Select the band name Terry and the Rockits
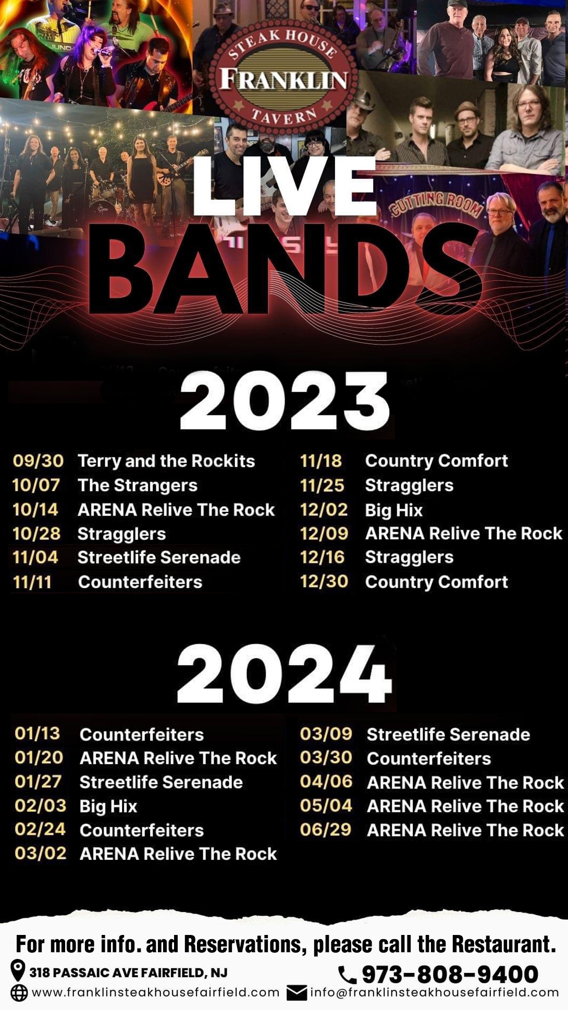click(166, 461)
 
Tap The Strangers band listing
click(138, 485)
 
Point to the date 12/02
click(324, 509)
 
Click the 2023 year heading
click(285, 401)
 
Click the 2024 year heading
click(284, 674)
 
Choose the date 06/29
click(326, 829)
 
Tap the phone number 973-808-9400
click(450, 974)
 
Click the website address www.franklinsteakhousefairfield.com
click(156, 992)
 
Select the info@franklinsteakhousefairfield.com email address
click(435, 992)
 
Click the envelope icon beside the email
click(297, 993)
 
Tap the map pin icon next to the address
click(18, 971)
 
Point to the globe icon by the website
click(19, 993)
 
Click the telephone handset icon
click(347, 974)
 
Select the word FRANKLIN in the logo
click(284, 80)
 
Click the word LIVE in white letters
click(285, 186)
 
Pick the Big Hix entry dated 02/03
click(108, 806)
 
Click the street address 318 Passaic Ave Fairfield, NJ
click(128, 972)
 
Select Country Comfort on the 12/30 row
click(436, 582)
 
